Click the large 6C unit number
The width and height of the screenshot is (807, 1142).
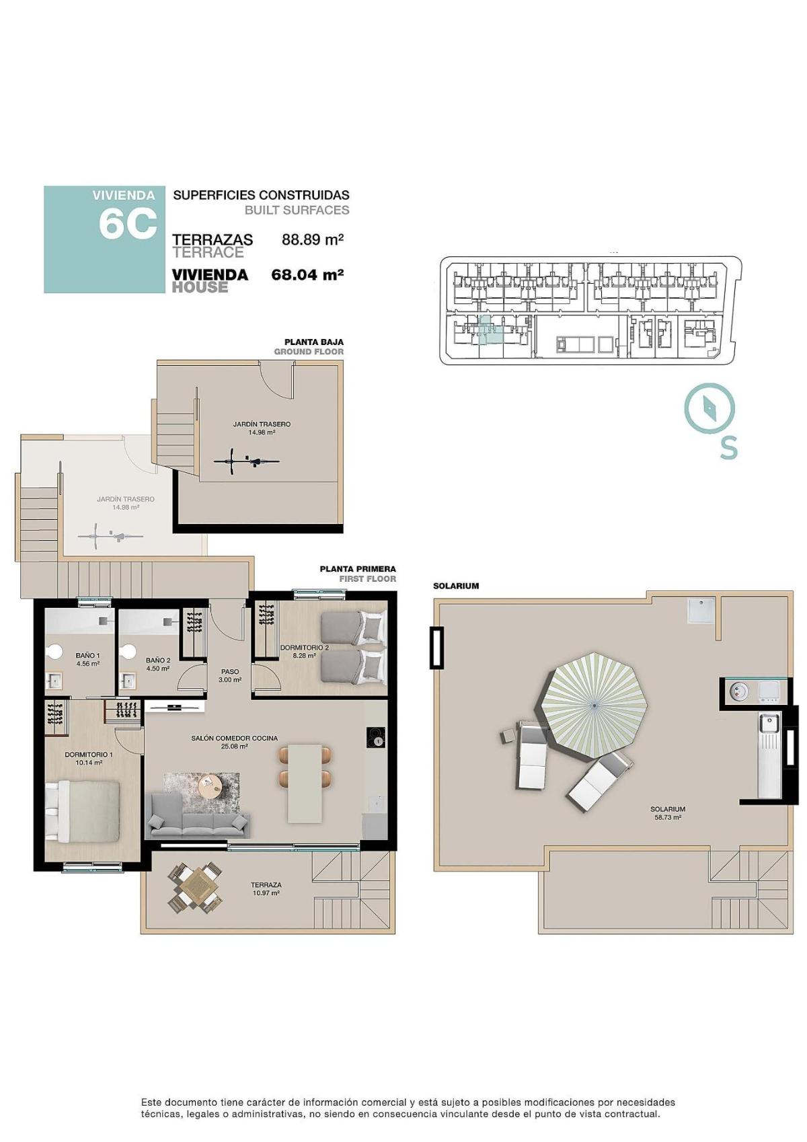[x=128, y=224]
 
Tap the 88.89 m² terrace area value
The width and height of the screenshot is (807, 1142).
[x=313, y=239]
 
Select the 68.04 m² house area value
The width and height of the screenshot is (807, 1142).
[x=307, y=274]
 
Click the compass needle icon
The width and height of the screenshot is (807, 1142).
[x=709, y=407]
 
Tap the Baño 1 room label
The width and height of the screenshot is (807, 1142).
[x=87, y=659]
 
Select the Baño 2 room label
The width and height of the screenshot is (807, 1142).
[x=158, y=664]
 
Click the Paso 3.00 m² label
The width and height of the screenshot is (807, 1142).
[x=230, y=675]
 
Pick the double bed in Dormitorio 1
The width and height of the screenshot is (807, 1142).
[x=81, y=810]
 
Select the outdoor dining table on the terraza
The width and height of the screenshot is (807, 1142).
[x=196, y=887]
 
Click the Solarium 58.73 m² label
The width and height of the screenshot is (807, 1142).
[x=668, y=813]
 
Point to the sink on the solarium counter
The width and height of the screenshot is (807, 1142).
[x=767, y=724]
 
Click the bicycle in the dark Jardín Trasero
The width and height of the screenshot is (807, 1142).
[x=246, y=461]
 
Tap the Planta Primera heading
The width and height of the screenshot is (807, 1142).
[x=358, y=569]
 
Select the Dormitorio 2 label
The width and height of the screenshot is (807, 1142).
[x=304, y=651]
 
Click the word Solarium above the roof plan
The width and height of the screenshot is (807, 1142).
[x=456, y=586]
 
